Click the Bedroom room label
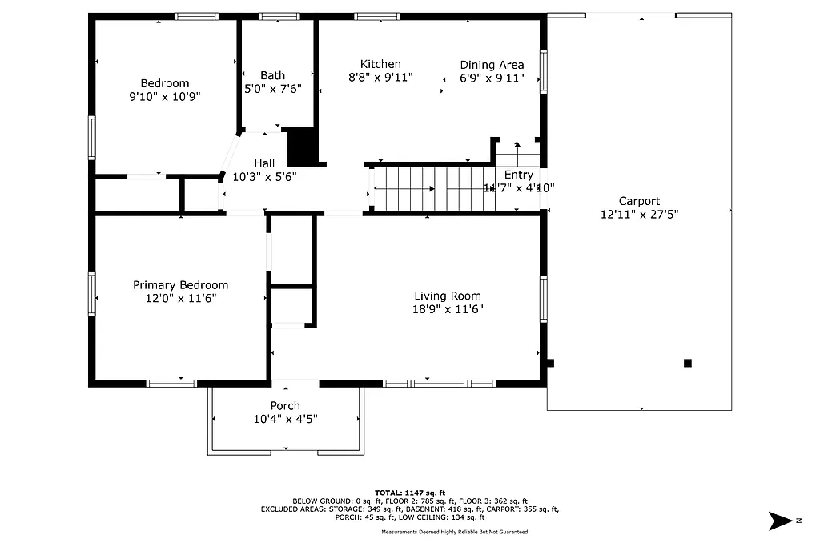164,83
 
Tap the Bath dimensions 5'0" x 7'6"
272,89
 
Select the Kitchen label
380,64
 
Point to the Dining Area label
492,65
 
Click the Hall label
264,163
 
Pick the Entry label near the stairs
519,175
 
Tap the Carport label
639,201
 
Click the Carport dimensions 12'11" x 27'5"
639,214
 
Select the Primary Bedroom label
180,285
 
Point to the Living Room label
448,296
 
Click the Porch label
285,405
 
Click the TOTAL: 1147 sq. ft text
410,493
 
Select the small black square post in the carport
687,363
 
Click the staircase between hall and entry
432,189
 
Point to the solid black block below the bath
302,146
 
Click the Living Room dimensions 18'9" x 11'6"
448,308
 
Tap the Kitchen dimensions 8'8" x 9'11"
380,78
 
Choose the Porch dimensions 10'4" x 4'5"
285,418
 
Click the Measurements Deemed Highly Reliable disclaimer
455,532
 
